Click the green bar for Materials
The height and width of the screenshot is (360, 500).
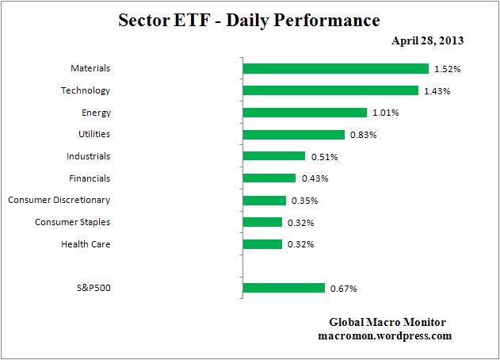pyautogui.click(x=335, y=69)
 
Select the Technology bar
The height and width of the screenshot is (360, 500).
pyautogui.click(x=330, y=90)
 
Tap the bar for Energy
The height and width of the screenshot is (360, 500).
pyautogui.click(x=304, y=113)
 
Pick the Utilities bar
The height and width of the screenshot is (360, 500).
pyautogui.click(x=293, y=135)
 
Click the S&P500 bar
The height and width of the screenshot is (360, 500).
pyautogui.click(x=284, y=288)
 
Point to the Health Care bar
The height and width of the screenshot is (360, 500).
pyautogui.click(x=262, y=244)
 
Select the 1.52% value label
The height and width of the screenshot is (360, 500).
pyautogui.click(x=447, y=69)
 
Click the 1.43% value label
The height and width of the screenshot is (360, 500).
pyautogui.click(x=437, y=91)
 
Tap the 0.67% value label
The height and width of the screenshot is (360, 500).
pyautogui.click(x=343, y=289)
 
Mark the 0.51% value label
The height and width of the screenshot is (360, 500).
pyautogui.click(x=323, y=157)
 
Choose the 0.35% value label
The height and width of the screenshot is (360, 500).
pyautogui.click(x=304, y=201)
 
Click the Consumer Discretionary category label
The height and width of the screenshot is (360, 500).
pyautogui.click(x=59, y=200)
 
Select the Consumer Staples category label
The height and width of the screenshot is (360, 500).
pyautogui.click(x=73, y=222)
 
